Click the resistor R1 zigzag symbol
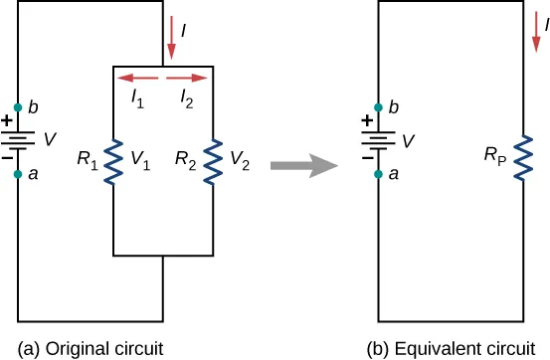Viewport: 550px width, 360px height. click(115, 159)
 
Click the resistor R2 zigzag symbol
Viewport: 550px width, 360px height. click(211, 159)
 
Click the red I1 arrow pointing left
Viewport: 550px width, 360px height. click(136, 77)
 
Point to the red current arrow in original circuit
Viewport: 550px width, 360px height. click(172, 39)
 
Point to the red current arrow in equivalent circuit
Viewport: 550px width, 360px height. click(535, 34)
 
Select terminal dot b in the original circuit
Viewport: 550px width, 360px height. click(18, 105)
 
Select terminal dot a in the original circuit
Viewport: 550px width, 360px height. click(18, 173)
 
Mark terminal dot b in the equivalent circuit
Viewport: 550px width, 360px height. click(379, 105)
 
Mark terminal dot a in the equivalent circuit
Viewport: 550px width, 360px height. click(379, 173)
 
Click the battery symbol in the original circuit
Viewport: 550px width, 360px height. click(18, 139)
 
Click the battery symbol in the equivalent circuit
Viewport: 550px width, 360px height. click(379, 139)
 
